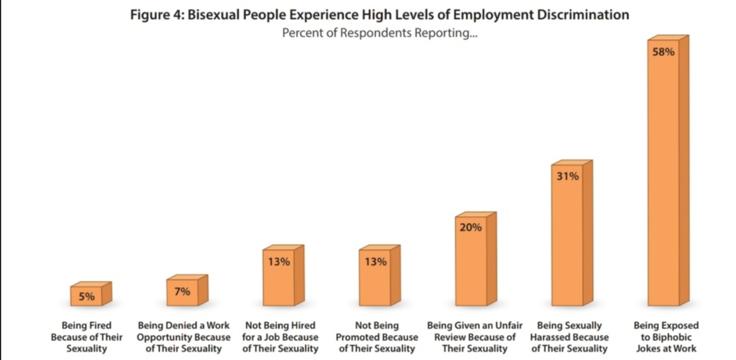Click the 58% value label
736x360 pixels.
click(663, 52)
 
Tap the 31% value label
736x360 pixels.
click(567, 177)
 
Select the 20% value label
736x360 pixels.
click(470, 228)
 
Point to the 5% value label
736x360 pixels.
click(86, 297)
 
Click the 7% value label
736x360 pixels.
click(182, 292)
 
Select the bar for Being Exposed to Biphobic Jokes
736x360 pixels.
click(664, 184)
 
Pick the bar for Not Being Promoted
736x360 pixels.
click(375, 283)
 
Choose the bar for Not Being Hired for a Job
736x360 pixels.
click(279, 283)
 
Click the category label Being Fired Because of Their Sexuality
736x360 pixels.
click(87, 337)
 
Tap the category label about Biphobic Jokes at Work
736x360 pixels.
click(666, 337)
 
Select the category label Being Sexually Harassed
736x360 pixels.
click(569, 337)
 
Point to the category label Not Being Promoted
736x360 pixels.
click(377, 337)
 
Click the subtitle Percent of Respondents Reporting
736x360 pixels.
click(380, 34)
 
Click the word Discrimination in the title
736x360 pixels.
click(580, 15)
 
